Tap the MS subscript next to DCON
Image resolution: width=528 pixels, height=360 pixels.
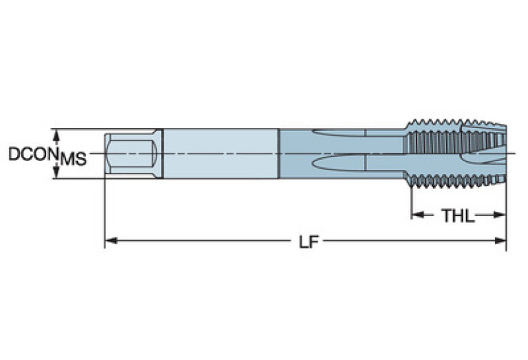(73, 160)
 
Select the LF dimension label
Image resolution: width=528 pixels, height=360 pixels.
(308, 242)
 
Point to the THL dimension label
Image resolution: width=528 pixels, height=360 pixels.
(458, 215)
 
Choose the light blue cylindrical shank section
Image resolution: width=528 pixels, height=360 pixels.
(220, 153)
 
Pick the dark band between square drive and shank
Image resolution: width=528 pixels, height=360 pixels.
(160, 153)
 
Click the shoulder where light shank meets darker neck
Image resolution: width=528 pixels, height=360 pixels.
(279, 153)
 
